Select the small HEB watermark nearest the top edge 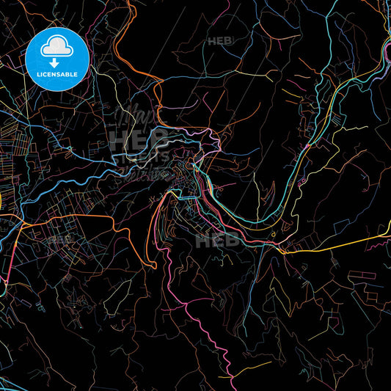click(218, 41)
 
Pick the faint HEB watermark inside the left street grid click(62, 239)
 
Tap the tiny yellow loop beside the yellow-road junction click(272, 235)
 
